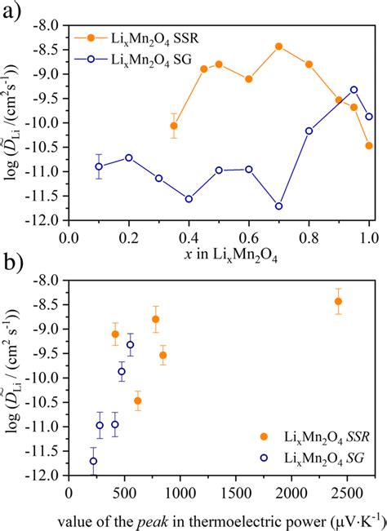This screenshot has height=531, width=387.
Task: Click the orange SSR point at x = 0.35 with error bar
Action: [x=174, y=126]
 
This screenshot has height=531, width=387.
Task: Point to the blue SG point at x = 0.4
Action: [x=189, y=199]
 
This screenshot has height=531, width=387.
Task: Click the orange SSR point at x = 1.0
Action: [x=369, y=146]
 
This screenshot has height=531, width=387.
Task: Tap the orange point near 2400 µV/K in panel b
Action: [x=338, y=301]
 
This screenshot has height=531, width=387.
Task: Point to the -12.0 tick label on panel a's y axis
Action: [x=47, y=221]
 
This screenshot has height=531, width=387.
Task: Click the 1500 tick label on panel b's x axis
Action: [x=237, y=493]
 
